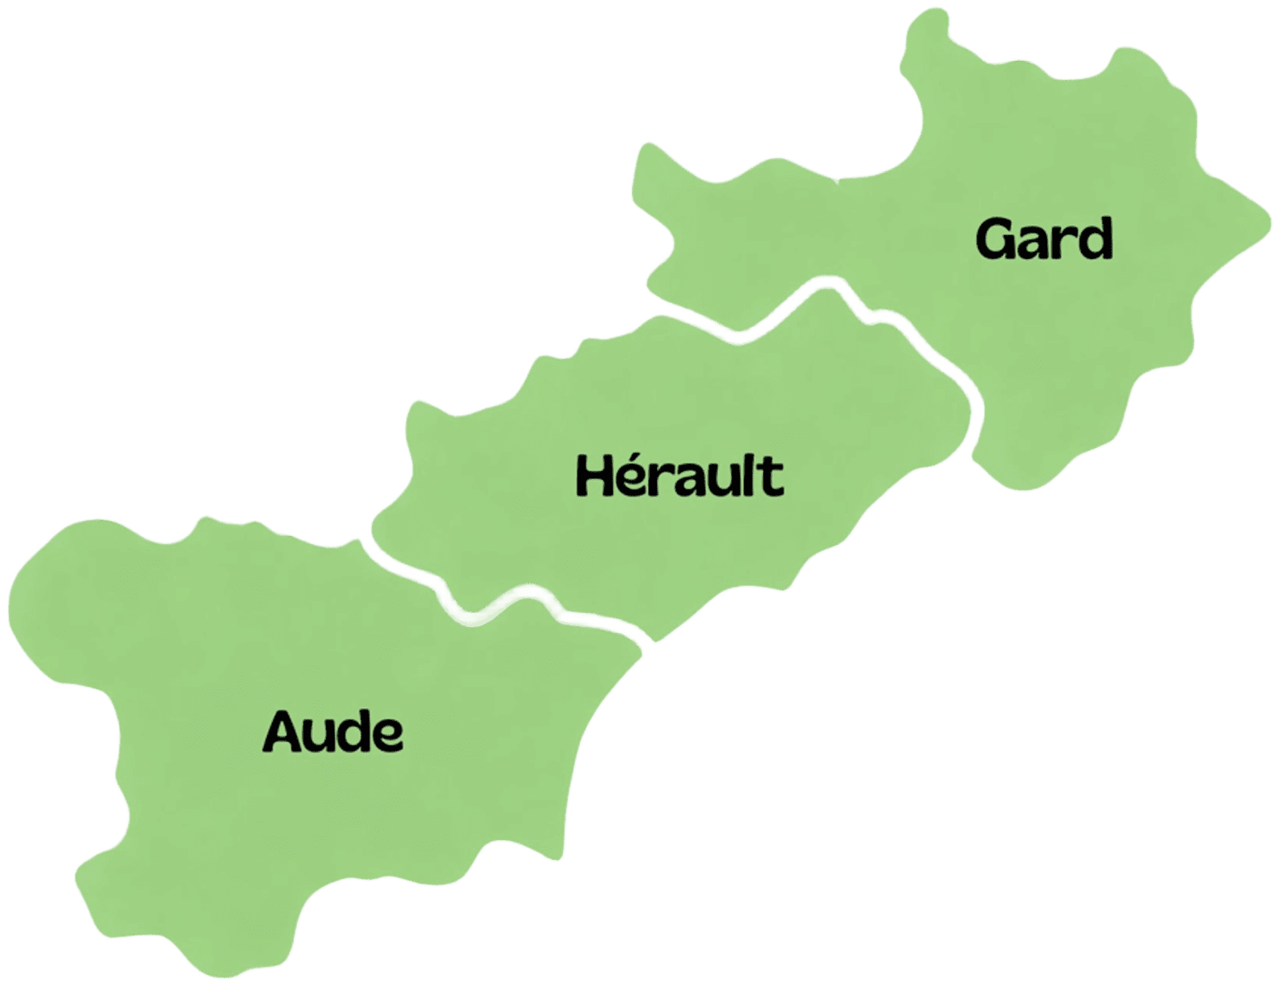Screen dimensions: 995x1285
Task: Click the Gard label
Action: coord(1045,239)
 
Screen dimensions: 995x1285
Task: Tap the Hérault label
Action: coord(679,475)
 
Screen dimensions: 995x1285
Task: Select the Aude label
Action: coord(333,732)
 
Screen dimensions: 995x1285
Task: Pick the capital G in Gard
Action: coord(994,239)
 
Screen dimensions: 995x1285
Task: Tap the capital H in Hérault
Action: coord(594,475)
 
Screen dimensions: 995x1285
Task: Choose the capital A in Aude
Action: coord(282,732)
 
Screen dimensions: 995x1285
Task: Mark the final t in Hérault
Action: coord(772,477)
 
